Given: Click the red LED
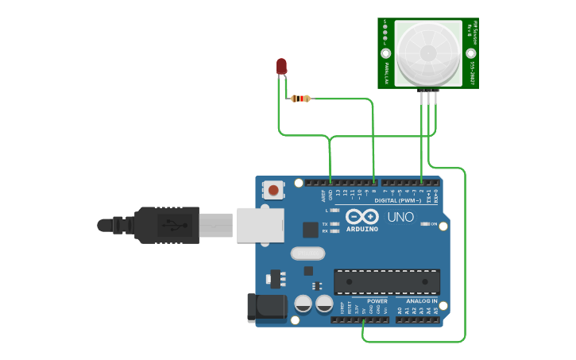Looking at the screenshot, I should [x=281, y=66].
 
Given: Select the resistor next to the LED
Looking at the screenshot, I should [x=300, y=99].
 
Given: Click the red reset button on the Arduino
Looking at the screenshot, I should [x=273, y=190].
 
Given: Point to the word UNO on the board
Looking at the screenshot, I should [x=400, y=217].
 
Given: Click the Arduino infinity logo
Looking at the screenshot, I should [x=362, y=217].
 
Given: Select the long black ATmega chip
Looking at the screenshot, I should [x=387, y=281].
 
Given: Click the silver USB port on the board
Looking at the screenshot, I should [x=259, y=223].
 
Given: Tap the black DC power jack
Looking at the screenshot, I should [x=265, y=308].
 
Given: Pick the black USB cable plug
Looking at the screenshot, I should [x=167, y=225].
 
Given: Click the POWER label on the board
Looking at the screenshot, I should [x=377, y=301].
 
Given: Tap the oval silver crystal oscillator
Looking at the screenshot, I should [x=308, y=254].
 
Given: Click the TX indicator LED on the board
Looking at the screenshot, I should [x=335, y=224].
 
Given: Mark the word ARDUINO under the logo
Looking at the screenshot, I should [x=362, y=229].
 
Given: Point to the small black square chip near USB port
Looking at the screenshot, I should [x=311, y=230].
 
